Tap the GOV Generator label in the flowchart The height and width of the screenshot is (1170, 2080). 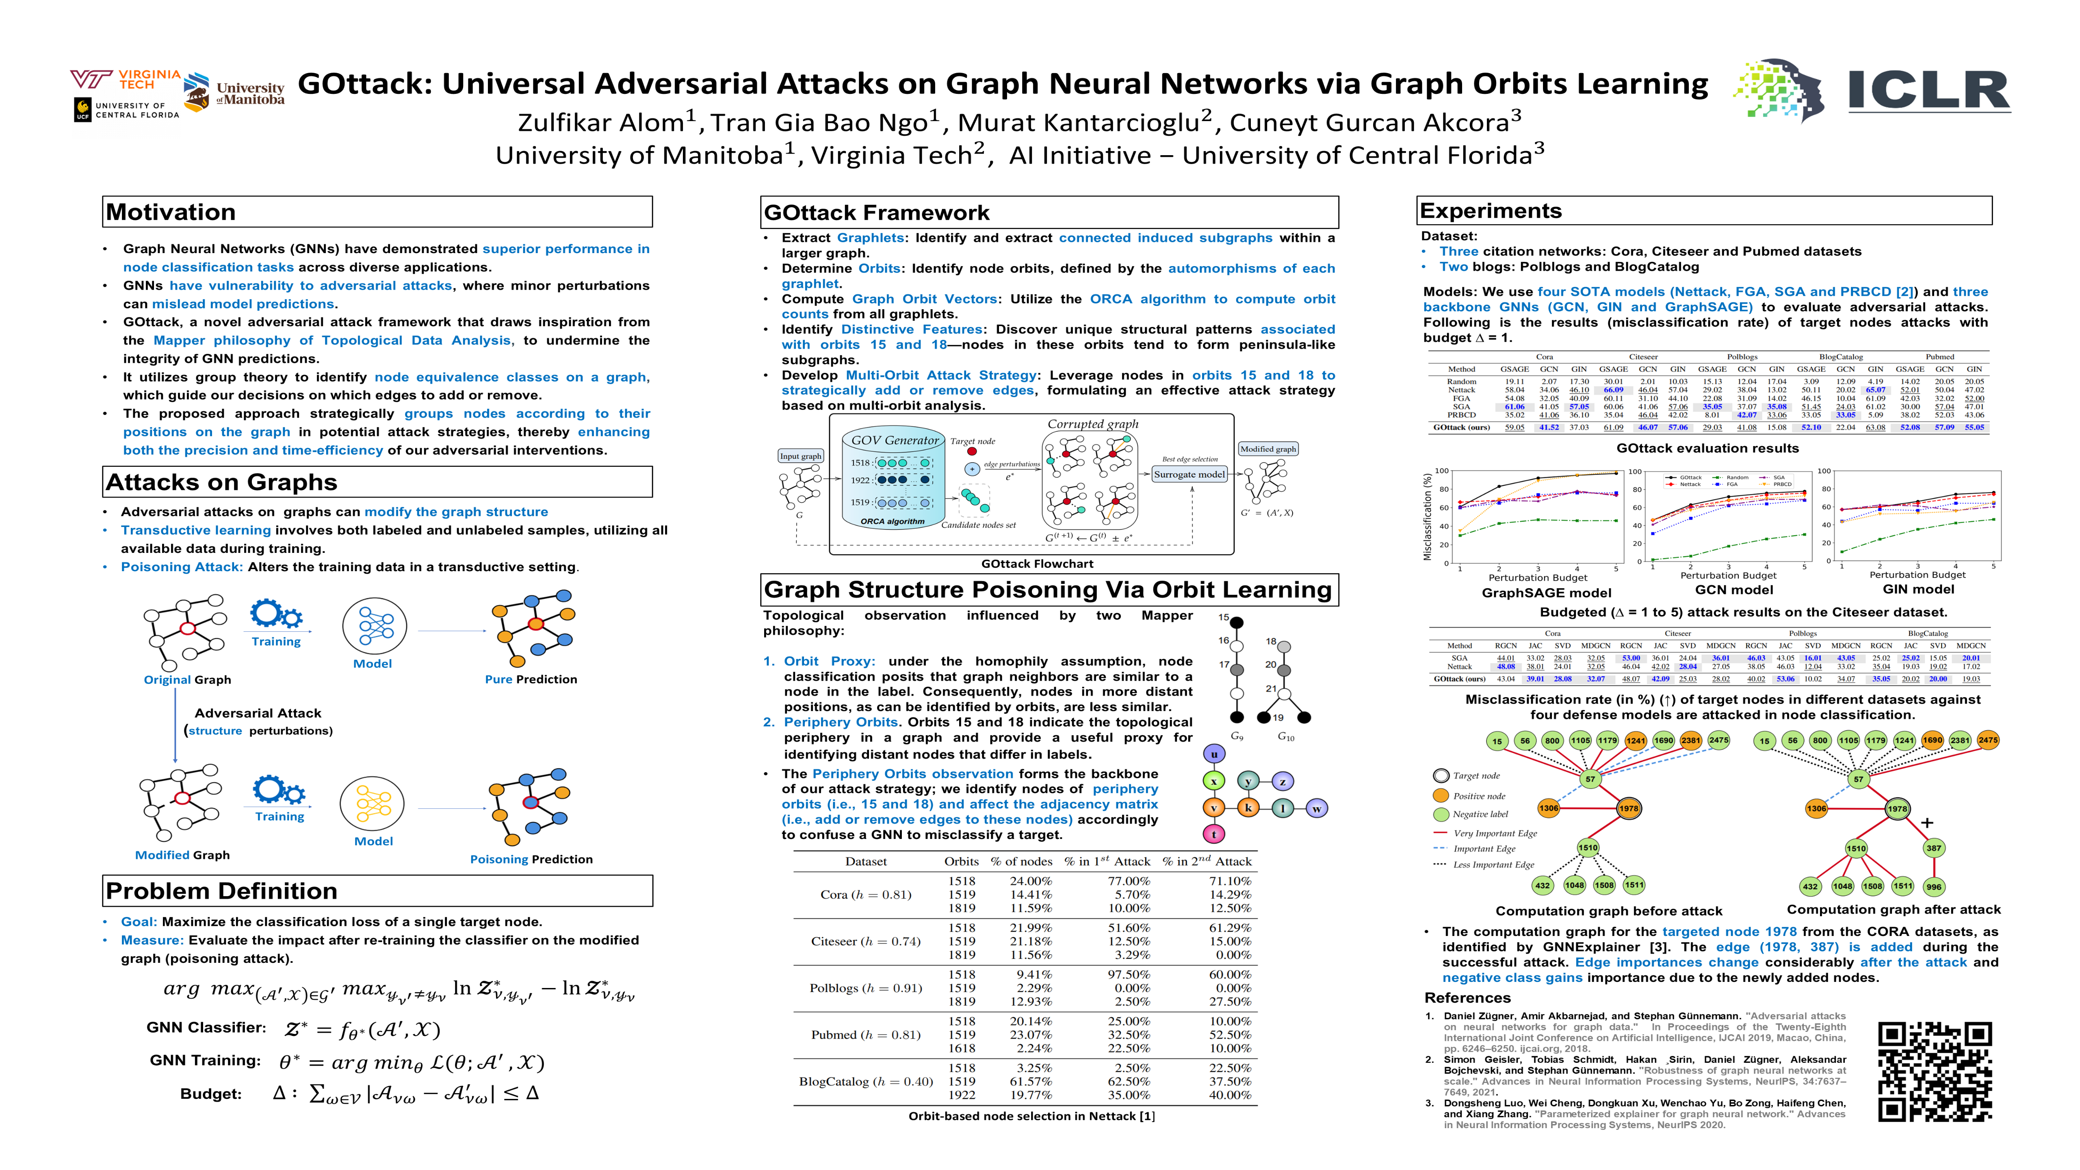895,440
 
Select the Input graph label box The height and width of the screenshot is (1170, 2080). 800,456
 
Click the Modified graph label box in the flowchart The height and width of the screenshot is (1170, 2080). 1267,449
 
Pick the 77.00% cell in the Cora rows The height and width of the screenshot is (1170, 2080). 1128,881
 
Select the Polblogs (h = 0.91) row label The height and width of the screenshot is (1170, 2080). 866,988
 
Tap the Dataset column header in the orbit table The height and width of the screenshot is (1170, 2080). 866,862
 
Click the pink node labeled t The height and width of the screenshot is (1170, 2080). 1213,834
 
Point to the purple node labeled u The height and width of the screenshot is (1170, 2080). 1213,754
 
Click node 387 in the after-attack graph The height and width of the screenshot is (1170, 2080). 1933,848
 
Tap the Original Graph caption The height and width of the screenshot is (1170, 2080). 187,680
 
